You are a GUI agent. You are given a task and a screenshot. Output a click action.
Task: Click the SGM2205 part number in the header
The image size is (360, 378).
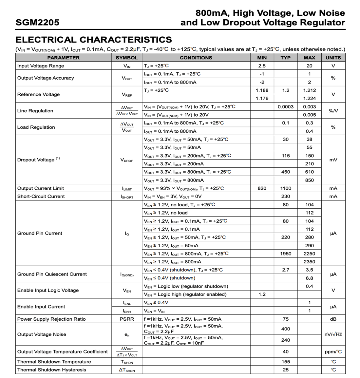(x=37, y=22)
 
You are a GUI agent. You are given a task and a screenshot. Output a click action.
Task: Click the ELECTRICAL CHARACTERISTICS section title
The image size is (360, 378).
(x=93, y=40)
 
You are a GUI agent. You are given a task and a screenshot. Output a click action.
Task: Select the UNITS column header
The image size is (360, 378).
(x=333, y=58)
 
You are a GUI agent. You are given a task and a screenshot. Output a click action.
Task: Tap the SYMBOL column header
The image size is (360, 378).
(x=127, y=58)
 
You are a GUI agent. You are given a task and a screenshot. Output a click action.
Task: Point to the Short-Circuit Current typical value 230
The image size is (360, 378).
(x=286, y=197)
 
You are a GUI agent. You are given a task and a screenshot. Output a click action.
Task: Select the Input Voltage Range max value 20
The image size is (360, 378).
(x=309, y=66)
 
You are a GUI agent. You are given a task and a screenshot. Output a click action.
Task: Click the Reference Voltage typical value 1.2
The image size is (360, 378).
(x=286, y=90)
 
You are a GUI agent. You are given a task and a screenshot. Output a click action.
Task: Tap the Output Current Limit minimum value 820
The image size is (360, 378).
(x=262, y=188)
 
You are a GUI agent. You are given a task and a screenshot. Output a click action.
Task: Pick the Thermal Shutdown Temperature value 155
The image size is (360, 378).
(x=286, y=362)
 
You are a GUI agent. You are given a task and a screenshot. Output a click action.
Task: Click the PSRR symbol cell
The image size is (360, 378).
(x=127, y=319)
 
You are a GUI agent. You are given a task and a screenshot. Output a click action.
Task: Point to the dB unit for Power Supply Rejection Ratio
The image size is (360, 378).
(x=333, y=319)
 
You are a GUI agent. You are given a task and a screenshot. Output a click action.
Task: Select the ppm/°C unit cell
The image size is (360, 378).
(x=333, y=352)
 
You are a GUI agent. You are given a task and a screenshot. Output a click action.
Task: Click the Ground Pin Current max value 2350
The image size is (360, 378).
(x=309, y=262)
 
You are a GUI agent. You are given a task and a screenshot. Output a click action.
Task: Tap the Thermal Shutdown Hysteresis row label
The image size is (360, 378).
(x=52, y=370)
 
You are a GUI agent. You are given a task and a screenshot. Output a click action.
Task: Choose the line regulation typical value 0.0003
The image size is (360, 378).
(x=286, y=107)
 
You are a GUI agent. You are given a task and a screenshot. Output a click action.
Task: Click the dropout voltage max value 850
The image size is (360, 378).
(x=309, y=180)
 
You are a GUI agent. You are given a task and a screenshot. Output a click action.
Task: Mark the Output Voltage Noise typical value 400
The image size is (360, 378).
(x=286, y=329)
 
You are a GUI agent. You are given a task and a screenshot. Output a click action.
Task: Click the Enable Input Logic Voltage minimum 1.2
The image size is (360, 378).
(x=262, y=294)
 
